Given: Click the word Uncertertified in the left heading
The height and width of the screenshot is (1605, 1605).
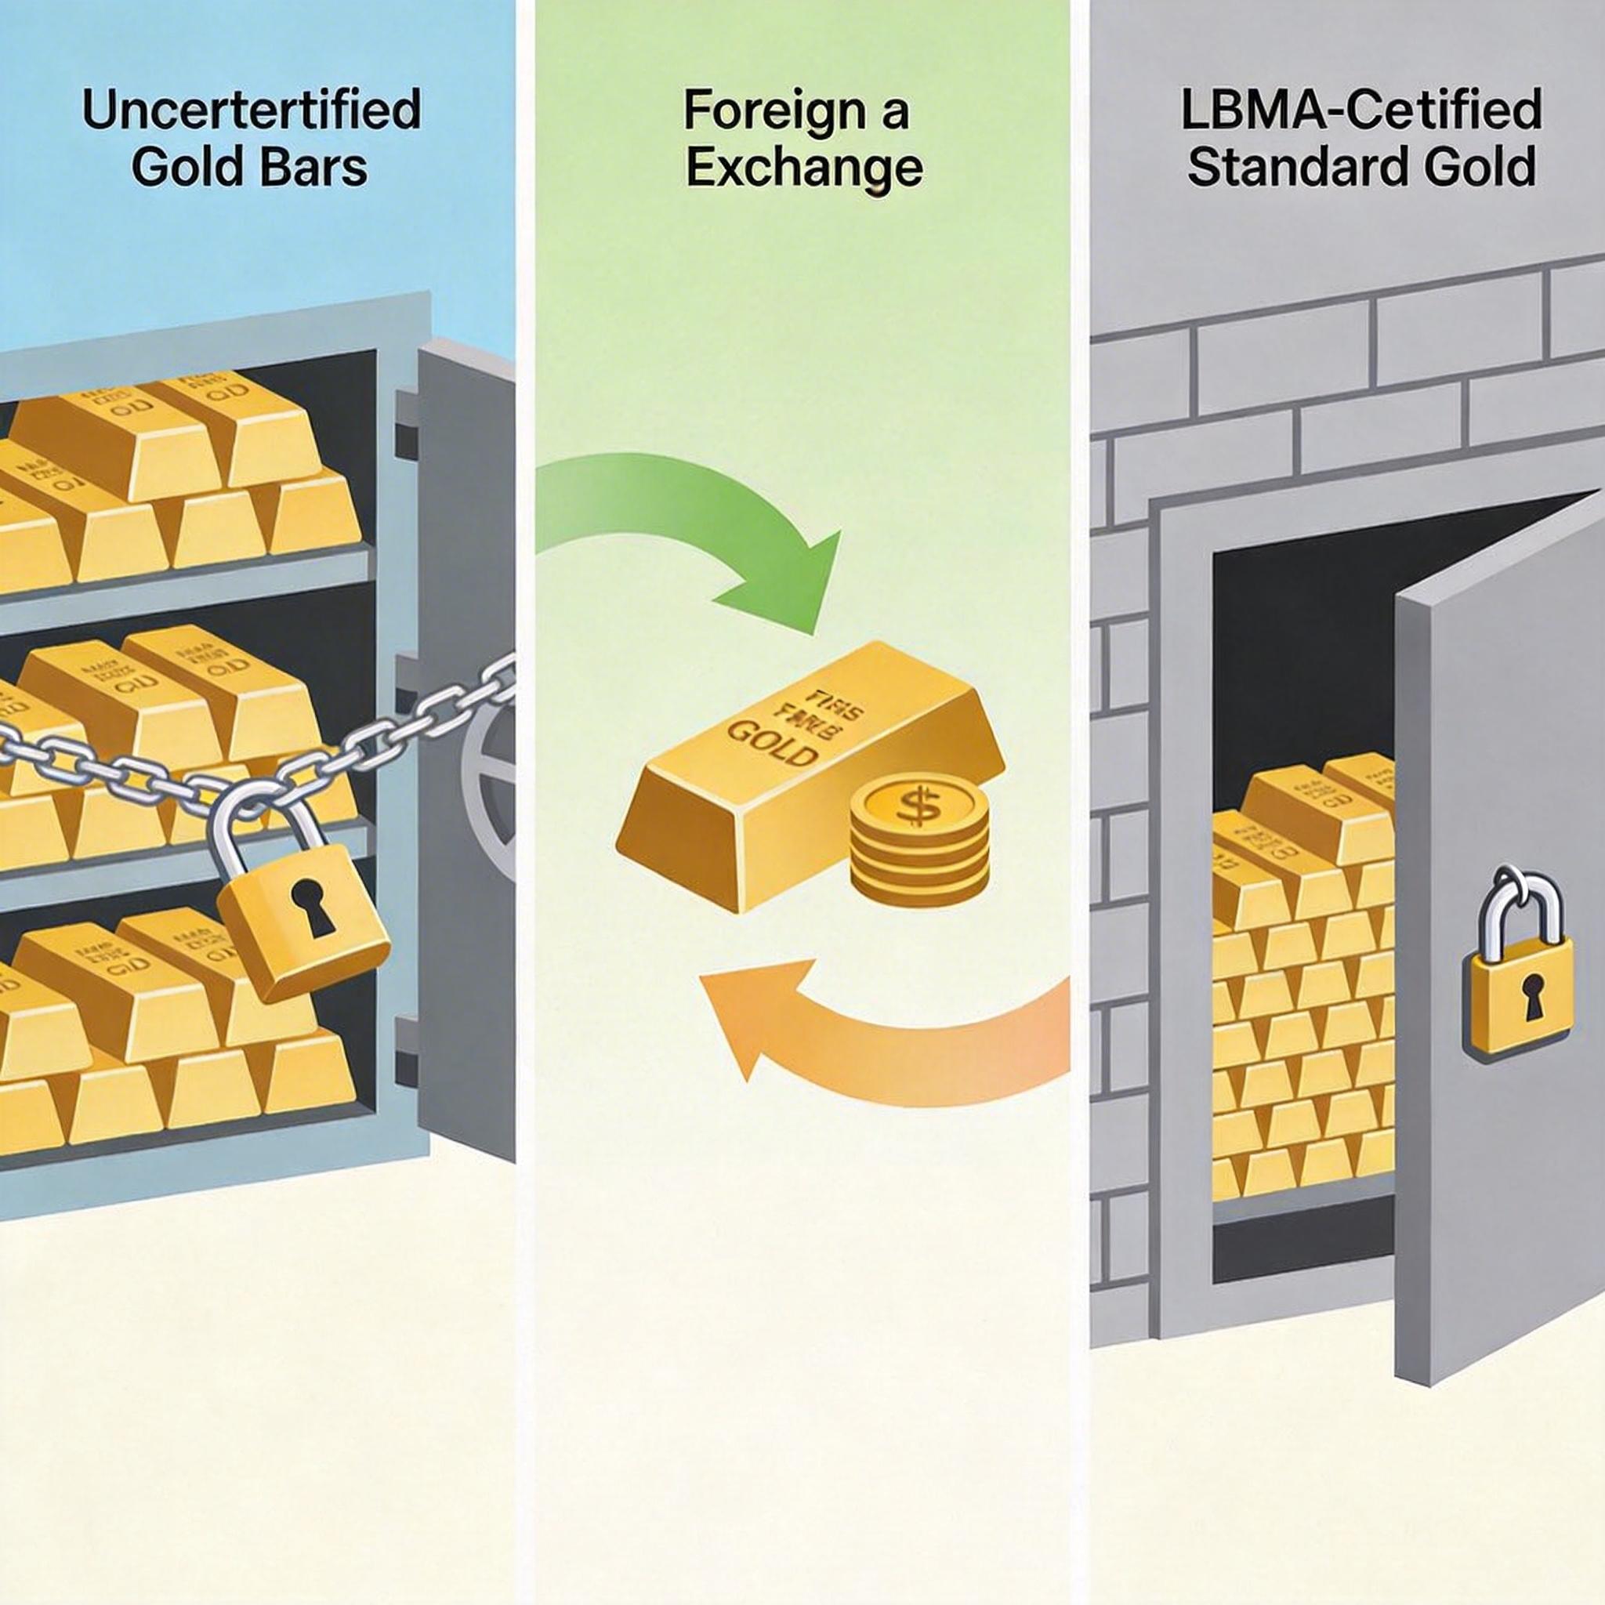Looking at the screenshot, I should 251,111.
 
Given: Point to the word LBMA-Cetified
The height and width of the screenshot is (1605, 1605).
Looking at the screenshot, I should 1360,110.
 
